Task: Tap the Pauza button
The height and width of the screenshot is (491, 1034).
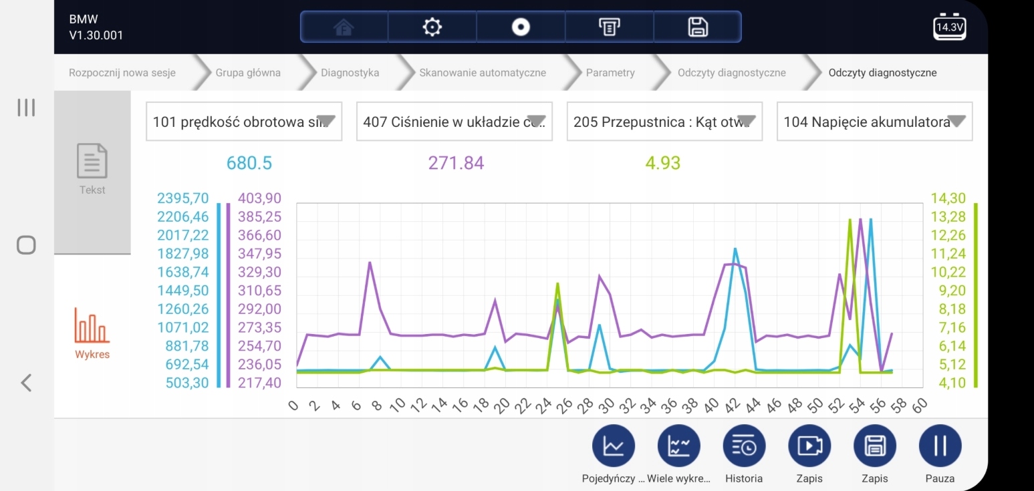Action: coord(940,446)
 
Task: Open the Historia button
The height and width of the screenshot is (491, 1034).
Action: coord(744,446)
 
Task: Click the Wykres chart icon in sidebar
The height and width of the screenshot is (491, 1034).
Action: coord(92,325)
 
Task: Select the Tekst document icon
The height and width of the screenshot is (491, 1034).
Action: coord(92,161)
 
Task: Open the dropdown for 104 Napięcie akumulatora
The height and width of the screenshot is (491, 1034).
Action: coord(874,122)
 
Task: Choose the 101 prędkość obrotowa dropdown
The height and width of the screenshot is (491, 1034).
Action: coord(244,122)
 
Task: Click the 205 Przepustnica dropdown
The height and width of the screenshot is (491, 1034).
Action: coord(664,122)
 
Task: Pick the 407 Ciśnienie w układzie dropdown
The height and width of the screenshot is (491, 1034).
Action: coord(455,122)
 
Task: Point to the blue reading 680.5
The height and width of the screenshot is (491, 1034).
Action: coord(249,163)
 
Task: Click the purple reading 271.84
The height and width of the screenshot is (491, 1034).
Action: coord(457,163)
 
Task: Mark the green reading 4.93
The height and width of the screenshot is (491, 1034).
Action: coord(663,163)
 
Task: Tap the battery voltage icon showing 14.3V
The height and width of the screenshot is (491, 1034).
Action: coord(950,27)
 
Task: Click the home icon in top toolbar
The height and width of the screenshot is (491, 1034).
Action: coord(344,27)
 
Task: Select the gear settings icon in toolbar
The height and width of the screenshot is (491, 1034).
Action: coord(432,27)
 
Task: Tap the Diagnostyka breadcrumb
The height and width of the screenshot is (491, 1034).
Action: coord(350,73)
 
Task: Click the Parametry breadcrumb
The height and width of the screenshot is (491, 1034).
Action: coord(610,73)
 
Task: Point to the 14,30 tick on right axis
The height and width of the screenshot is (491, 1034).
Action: coord(948,198)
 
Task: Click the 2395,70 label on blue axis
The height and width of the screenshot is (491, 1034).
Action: coord(183,198)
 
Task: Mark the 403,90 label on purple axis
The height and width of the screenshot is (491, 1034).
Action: coord(259,198)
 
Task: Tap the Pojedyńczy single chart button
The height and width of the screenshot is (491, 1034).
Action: coord(614,446)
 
